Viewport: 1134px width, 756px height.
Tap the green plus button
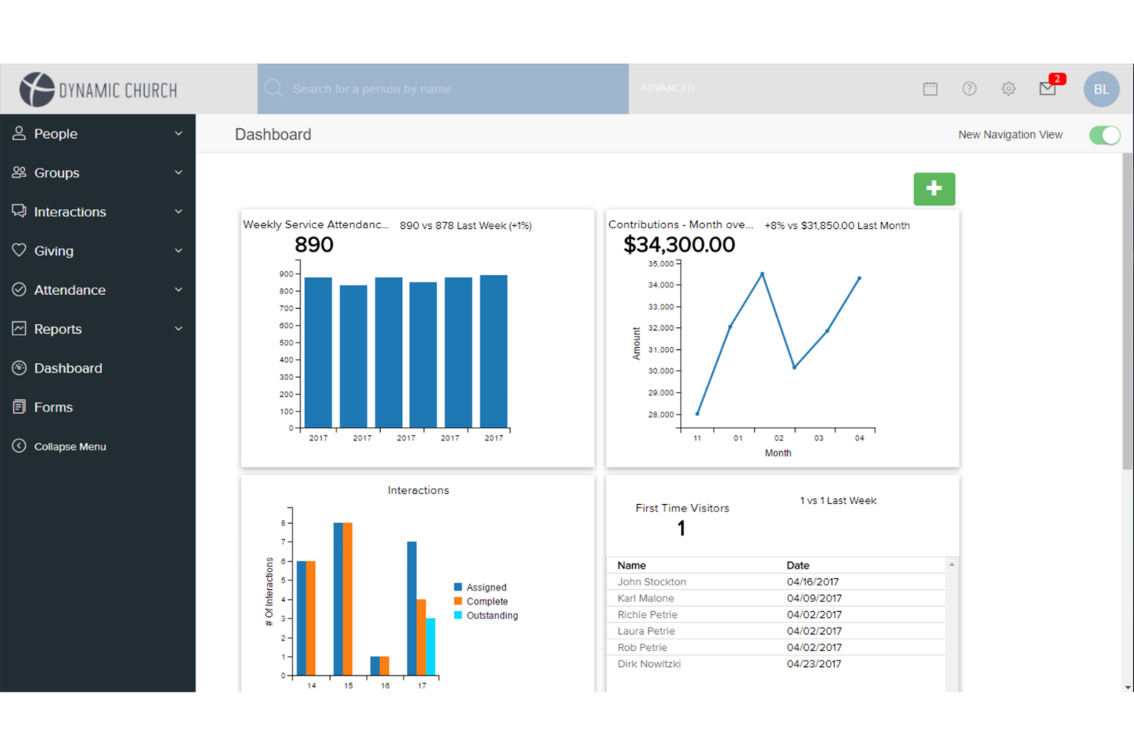[x=934, y=188]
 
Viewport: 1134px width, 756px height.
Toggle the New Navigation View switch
[x=1105, y=135]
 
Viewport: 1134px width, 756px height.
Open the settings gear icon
[x=1008, y=89]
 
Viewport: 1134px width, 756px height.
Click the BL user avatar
[x=1101, y=89]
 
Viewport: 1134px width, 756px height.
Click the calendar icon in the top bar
[x=930, y=89]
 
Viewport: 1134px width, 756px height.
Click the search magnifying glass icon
[x=274, y=88]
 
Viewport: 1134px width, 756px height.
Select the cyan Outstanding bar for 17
[x=431, y=646]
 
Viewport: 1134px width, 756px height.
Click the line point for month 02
[x=762, y=274]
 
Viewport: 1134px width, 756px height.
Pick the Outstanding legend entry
[x=486, y=615]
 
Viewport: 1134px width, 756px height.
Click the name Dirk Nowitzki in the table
[x=649, y=664]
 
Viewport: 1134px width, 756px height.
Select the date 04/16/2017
[x=812, y=582]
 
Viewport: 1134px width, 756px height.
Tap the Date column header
[x=798, y=565]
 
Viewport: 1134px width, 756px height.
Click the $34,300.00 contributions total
[x=679, y=245]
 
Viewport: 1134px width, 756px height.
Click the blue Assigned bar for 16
[x=375, y=666]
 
